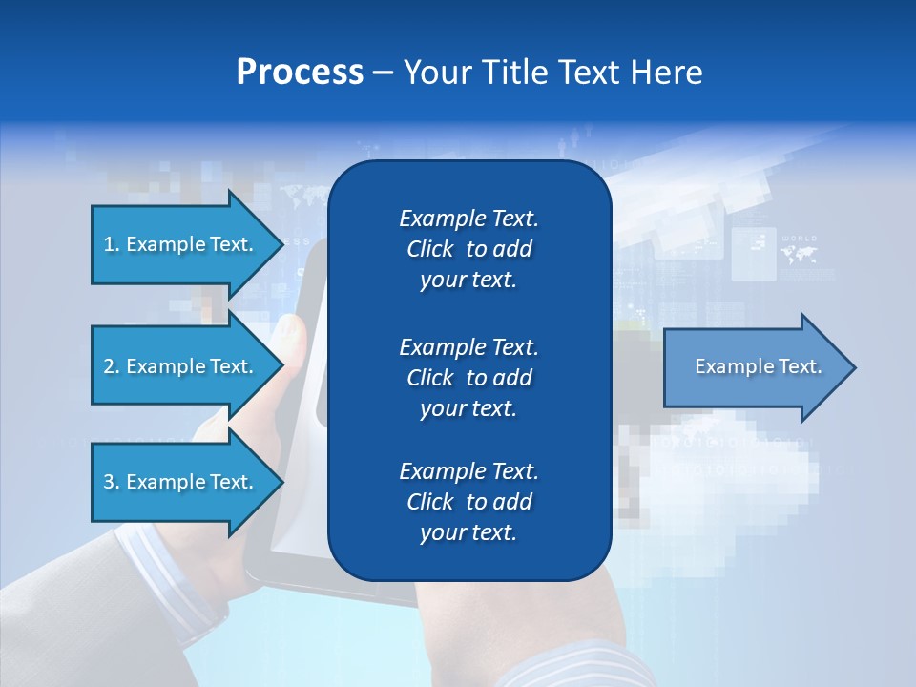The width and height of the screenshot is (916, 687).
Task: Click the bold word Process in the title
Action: [x=300, y=73]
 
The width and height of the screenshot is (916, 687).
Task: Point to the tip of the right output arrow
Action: [x=854, y=367]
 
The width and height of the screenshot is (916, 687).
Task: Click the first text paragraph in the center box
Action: [x=468, y=249]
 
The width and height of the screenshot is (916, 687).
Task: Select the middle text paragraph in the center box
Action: [x=468, y=378]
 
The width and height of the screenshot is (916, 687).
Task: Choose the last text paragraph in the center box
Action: [x=468, y=502]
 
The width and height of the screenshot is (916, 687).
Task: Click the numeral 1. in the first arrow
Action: [x=112, y=244]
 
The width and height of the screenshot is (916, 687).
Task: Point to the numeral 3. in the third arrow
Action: [x=112, y=482]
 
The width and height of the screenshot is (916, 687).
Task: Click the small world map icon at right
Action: [x=798, y=255]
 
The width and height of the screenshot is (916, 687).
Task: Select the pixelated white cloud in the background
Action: [x=725, y=477]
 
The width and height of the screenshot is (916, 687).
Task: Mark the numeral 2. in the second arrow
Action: [x=112, y=366]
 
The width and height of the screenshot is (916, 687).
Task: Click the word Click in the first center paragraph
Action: [x=430, y=249]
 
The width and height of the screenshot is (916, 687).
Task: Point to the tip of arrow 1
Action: [x=282, y=244]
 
